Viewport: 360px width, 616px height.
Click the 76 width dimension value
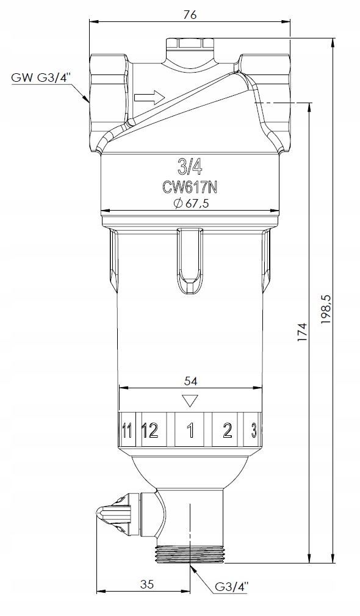190,15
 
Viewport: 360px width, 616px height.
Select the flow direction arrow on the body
149,97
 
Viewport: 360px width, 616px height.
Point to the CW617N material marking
190,188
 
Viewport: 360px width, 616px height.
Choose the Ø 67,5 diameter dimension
190,203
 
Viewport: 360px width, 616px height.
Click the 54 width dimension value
190,381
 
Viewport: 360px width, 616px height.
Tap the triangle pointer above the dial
190,400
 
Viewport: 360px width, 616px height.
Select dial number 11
126,431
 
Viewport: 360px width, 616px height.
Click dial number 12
150,431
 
